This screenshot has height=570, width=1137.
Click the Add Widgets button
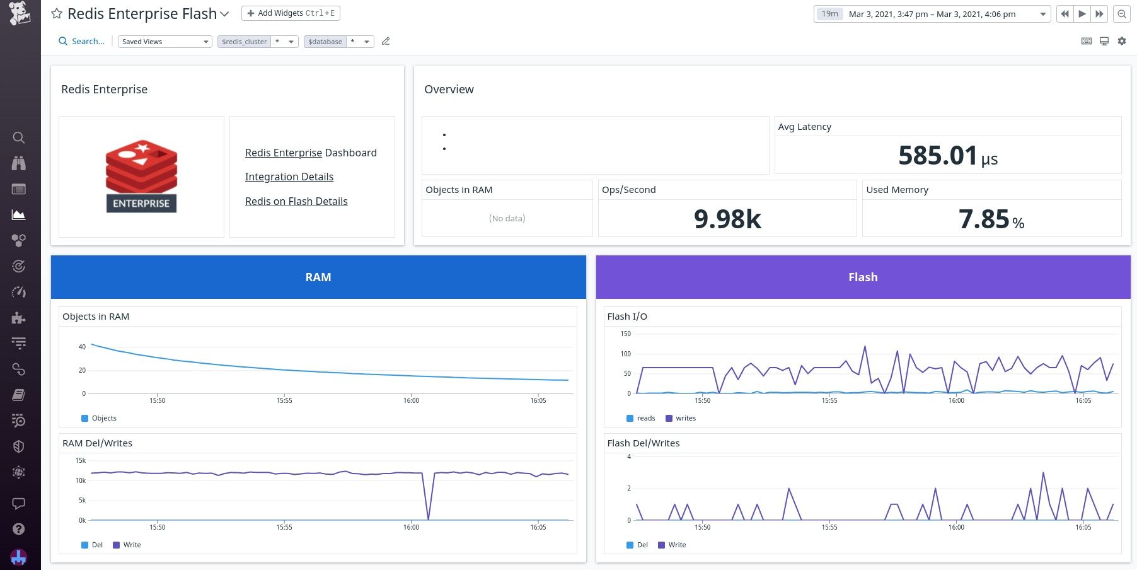tap(291, 13)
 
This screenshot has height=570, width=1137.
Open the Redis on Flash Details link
tap(296, 201)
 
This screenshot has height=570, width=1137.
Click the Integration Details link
tap(289, 177)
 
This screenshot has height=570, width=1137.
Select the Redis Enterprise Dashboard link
tap(311, 153)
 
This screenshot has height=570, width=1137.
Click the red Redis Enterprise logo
tap(141, 176)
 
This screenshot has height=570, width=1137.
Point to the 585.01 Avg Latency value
tap(938, 156)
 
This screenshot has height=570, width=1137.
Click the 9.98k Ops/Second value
tap(727, 219)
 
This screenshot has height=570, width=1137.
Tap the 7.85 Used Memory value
tap(984, 219)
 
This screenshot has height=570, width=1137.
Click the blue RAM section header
tap(318, 277)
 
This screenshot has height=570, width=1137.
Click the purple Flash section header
tap(863, 277)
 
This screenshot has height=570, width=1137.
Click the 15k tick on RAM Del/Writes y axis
tap(81, 461)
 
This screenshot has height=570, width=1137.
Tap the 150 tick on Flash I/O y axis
tap(625, 334)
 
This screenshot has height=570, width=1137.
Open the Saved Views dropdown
tap(164, 42)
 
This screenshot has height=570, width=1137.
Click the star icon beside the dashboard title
tap(57, 13)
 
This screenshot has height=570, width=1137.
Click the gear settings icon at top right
tap(1122, 41)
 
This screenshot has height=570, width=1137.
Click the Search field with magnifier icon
tap(82, 42)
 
